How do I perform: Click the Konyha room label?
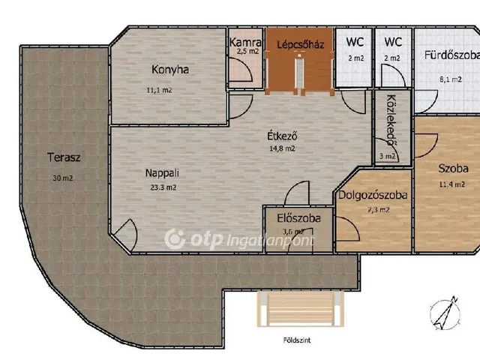tap(170, 70)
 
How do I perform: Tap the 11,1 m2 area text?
tap(159, 90)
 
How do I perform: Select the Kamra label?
tap(245, 42)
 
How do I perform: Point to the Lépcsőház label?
tap(300, 45)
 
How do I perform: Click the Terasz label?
tap(64, 157)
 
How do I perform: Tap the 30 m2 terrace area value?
tap(63, 178)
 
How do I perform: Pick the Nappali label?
tap(162, 173)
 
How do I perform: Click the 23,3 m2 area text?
tap(163, 187)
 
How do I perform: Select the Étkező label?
tap(282, 136)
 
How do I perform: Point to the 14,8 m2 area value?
tap(282, 148)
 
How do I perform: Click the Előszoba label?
tap(298, 218)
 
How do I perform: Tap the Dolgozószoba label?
tap(373, 195)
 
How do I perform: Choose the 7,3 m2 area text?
tap(379, 210)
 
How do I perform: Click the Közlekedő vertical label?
tap(391, 120)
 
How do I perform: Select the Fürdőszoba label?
tap(451, 55)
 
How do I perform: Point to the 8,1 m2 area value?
tap(451, 79)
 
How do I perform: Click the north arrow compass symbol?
tap(445, 313)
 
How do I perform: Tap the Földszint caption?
tap(297, 340)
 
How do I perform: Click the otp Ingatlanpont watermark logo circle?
tap(175, 238)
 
